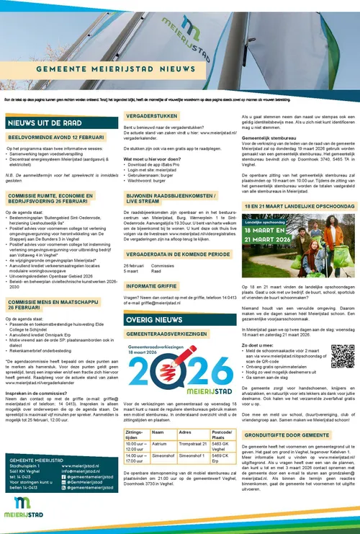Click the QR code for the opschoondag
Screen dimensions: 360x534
pos(340,356)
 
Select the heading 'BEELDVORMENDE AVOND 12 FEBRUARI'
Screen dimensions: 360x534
pos(54,136)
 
